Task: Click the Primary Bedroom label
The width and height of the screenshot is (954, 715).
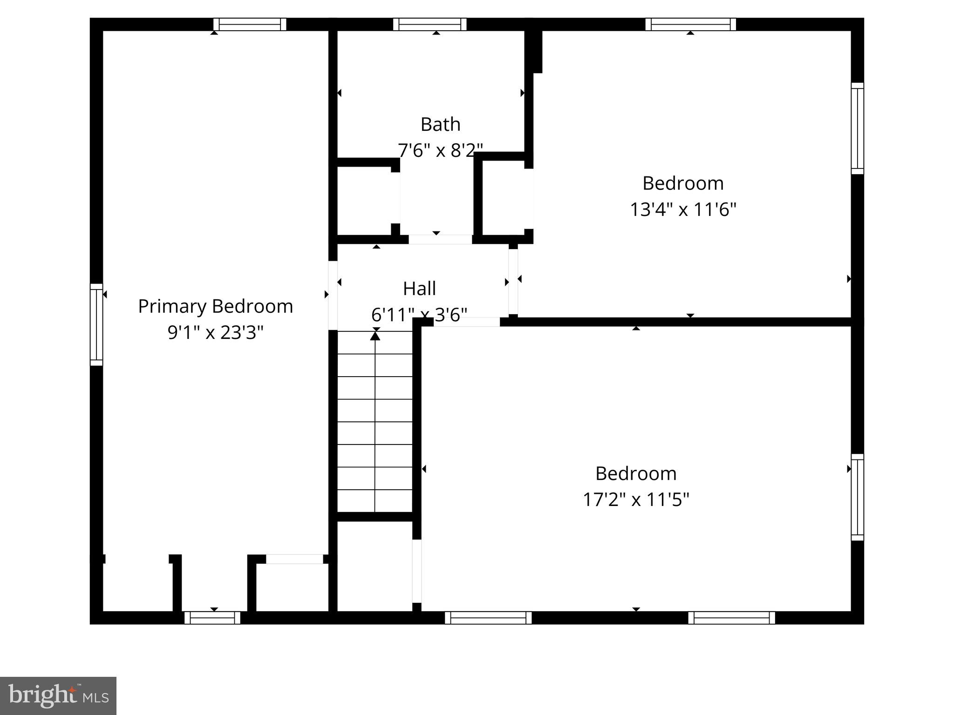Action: coord(215,306)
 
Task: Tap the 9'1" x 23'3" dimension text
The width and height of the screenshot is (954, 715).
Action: coord(215,332)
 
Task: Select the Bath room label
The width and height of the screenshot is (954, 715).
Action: coord(440,124)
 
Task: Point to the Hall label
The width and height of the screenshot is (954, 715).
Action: coord(419,289)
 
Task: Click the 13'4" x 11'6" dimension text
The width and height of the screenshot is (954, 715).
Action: coord(683,209)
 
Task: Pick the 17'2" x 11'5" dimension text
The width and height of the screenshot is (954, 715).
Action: coord(636,500)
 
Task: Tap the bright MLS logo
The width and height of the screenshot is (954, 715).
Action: coord(58,695)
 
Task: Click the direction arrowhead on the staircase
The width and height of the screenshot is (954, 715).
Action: coord(375,335)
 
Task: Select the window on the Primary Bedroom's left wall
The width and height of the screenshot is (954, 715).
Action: coord(96,324)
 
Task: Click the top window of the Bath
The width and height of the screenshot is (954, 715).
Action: coord(429,24)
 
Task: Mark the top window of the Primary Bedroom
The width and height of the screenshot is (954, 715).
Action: coord(250,24)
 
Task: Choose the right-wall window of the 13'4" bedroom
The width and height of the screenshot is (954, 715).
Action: coord(857,128)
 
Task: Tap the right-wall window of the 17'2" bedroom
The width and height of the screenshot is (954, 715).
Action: coord(857,497)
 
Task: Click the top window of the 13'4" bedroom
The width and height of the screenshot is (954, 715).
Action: coord(690,24)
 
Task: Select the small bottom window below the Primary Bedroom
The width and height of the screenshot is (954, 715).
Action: coord(212,618)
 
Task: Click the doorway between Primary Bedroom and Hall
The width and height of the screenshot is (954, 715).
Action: coord(333,295)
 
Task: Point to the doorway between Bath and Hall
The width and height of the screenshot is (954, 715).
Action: coord(440,239)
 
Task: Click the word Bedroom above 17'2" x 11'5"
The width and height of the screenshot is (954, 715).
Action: coord(636,474)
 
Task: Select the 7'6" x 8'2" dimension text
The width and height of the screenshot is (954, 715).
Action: coord(440,150)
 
